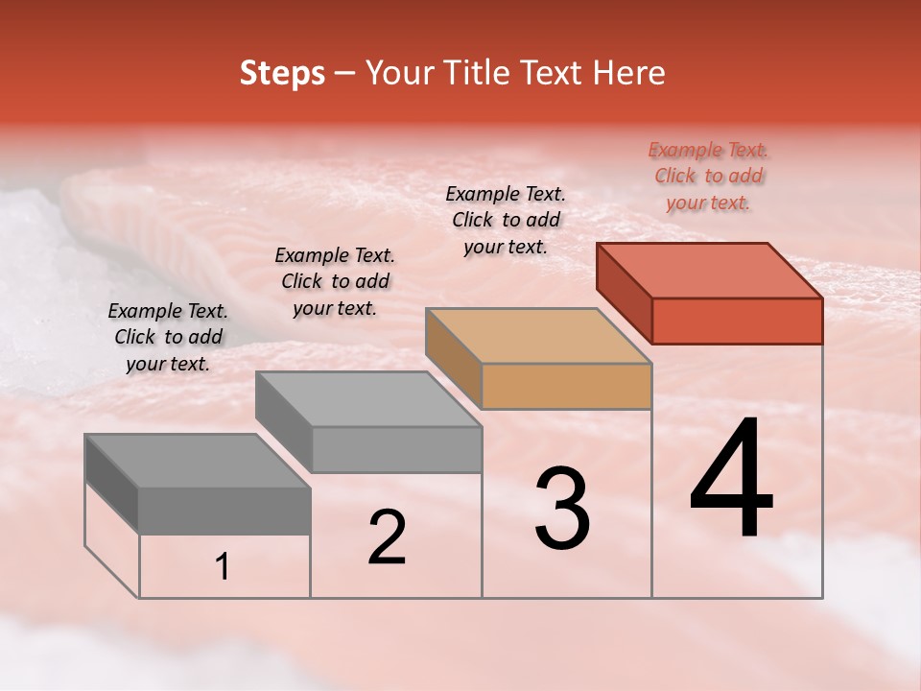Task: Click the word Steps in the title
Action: point(282,73)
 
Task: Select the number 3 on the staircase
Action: point(562,509)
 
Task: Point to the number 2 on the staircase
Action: point(387,538)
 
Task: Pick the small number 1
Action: point(223,567)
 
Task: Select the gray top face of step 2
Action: point(368,399)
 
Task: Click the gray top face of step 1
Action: point(198,462)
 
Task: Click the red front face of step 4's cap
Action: point(737,321)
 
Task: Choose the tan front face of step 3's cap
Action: point(566,386)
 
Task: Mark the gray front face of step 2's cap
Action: point(396,449)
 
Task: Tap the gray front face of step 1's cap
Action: point(224,511)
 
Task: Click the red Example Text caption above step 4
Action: point(709,177)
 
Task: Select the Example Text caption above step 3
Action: point(506,220)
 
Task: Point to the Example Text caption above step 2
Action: point(335,282)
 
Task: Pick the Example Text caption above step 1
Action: point(168,337)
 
